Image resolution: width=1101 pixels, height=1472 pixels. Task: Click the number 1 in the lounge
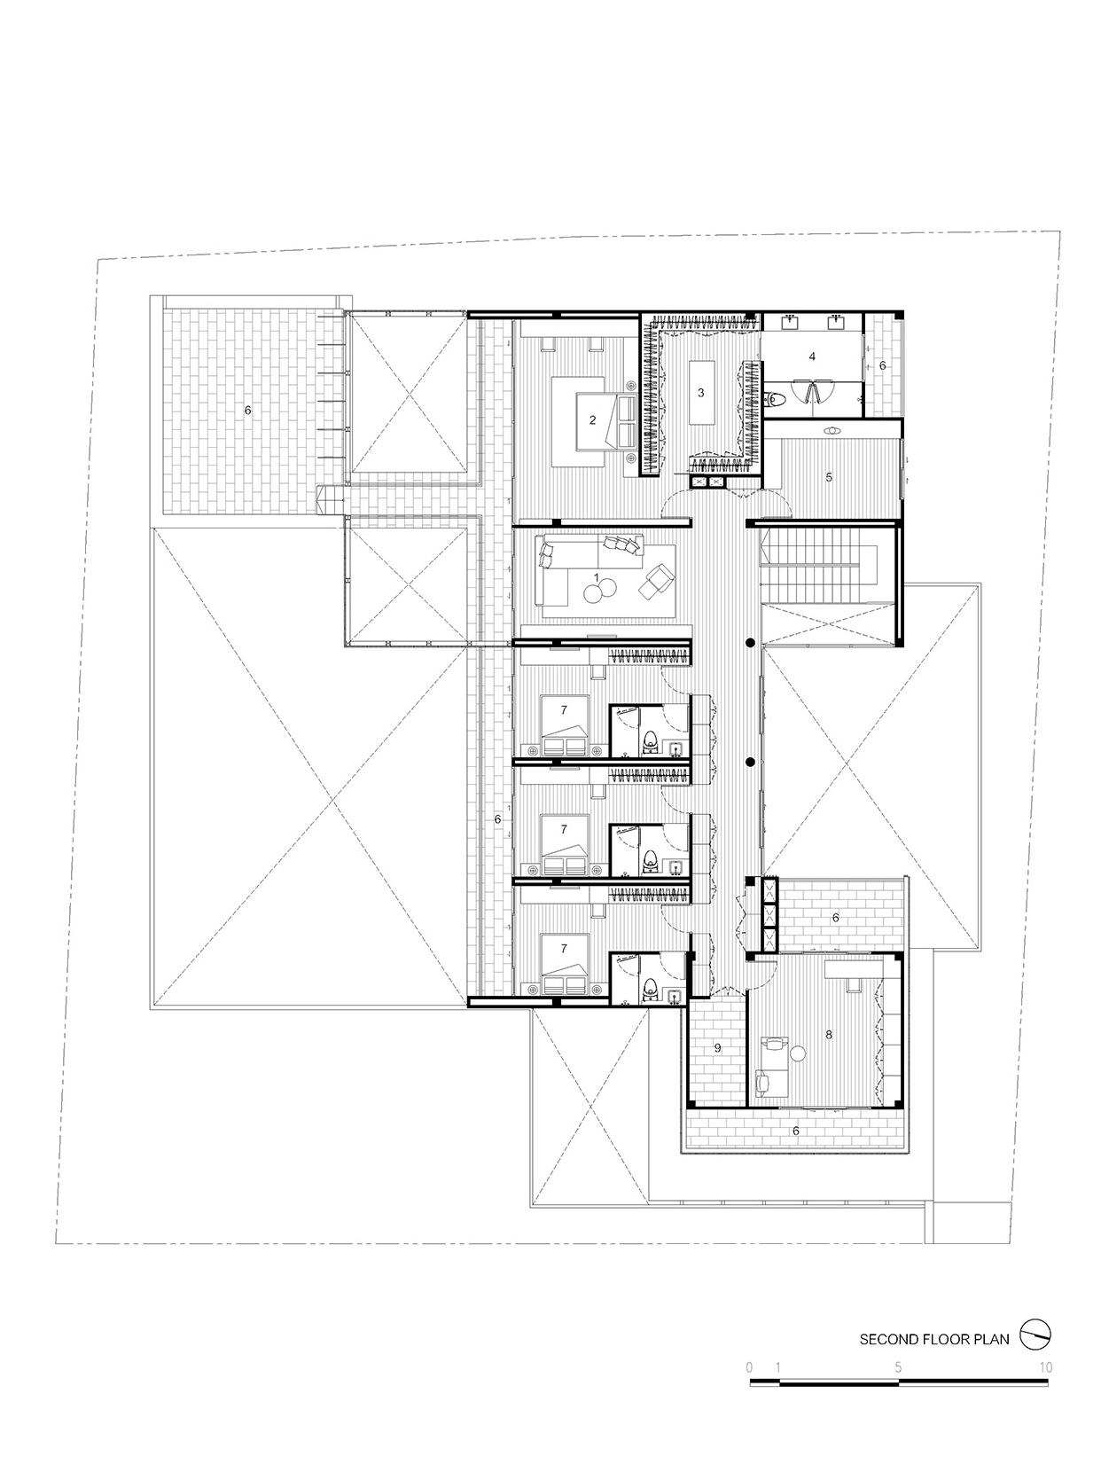(596, 576)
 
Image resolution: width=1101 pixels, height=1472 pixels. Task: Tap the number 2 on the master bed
(592, 420)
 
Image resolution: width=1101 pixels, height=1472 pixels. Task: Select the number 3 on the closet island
(701, 393)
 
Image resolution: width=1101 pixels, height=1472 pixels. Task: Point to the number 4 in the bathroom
(812, 356)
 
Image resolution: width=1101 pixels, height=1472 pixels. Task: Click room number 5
(829, 477)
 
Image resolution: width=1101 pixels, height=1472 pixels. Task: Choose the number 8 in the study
(829, 1035)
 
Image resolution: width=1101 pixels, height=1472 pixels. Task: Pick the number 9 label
(718, 1047)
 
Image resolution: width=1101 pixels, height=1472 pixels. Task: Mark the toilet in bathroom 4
(775, 400)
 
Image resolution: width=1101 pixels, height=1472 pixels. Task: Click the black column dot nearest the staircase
(750, 644)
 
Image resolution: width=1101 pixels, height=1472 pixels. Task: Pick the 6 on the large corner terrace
(247, 410)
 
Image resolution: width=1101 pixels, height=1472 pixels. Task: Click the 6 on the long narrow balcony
(497, 818)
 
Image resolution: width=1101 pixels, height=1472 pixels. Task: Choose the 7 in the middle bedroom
(564, 829)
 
